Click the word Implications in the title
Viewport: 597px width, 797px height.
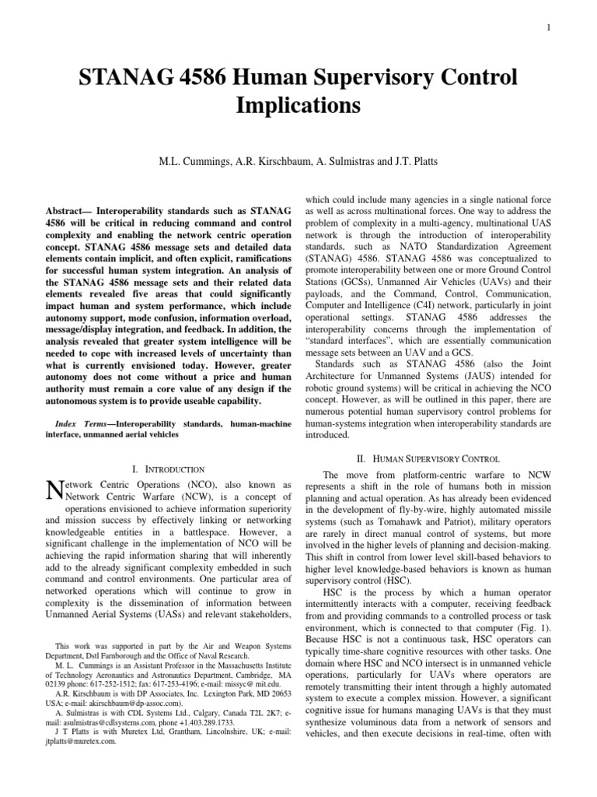tap(298, 104)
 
